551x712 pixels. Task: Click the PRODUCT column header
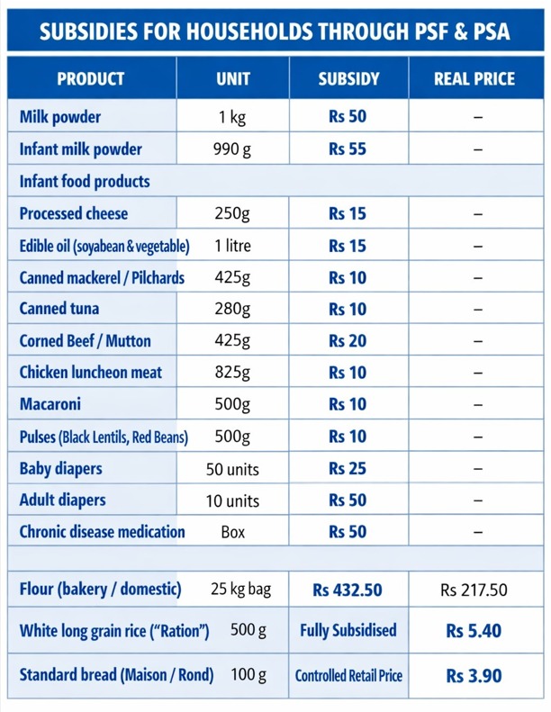point(90,78)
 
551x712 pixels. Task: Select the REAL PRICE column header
point(474,78)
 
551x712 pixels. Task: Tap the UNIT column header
point(233,78)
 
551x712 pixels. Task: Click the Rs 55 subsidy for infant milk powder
point(348,149)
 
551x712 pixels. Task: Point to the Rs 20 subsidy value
point(348,340)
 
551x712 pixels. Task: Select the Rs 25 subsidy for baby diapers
point(348,468)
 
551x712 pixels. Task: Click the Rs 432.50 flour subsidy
point(348,590)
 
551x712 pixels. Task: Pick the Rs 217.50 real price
point(474,590)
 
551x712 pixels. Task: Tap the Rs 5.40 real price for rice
point(474,631)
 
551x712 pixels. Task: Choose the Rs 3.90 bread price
point(474,676)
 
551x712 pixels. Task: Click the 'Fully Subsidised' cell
point(348,630)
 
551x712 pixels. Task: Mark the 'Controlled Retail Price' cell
point(348,676)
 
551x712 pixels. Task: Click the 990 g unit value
point(232,149)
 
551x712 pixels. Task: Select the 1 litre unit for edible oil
point(232,246)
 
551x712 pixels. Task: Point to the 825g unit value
point(232,373)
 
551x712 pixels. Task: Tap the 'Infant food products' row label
point(85,182)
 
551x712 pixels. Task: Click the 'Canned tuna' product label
point(59,309)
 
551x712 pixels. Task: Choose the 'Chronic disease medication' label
point(103,532)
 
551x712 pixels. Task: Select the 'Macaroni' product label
point(50,404)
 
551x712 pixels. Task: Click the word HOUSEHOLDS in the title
point(250,32)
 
